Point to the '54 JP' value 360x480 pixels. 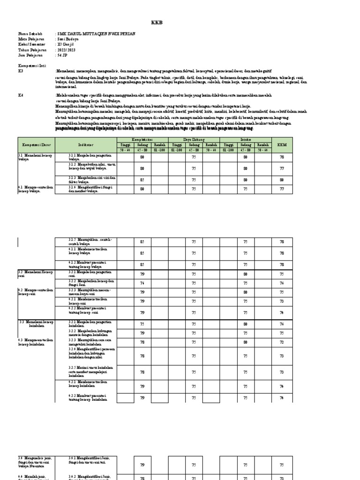(x=62, y=55)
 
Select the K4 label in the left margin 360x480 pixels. (x=21, y=95)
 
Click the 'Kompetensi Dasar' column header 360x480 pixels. (x=37, y=145)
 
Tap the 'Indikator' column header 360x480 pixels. (x=86, y=145)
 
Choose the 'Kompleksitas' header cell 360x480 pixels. (x=142, y=140)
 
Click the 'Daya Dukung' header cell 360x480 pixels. (x=194, y=140)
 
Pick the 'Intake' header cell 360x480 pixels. (x=245, y=140)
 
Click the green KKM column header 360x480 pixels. (x=282, y=145)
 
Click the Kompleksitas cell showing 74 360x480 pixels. (x=142, y=284)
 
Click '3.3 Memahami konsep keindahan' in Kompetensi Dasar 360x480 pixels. (x=35, y=324)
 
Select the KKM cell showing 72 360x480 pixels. (x=282, y=343)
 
